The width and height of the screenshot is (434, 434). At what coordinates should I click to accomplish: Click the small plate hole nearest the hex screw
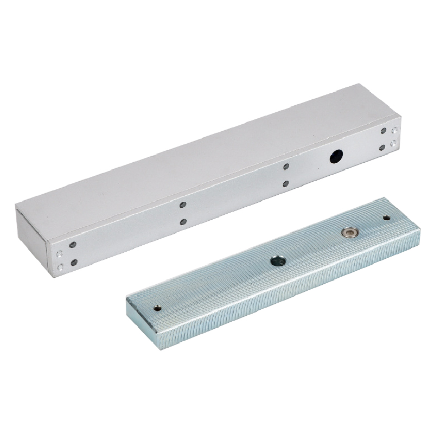click(386, 218)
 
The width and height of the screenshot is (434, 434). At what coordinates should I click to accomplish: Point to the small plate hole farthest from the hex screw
click(157, 308)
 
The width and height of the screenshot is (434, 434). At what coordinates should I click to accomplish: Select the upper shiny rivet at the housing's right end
click(394, 130)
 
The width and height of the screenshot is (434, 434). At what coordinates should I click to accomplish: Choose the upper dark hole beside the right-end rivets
click(384, 132)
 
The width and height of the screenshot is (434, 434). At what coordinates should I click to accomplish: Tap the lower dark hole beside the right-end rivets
click(384, 146)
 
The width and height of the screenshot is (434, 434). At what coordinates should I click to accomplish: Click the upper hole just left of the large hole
click(286, 168)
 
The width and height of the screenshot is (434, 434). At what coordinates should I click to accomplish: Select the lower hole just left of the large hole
click(286, 184)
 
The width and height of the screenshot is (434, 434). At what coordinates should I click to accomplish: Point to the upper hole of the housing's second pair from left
click(183, 205)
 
